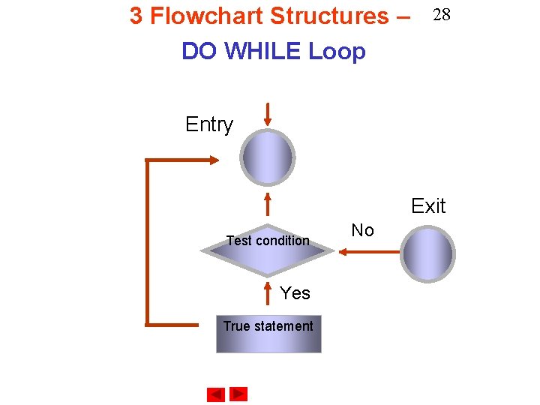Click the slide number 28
(x=441, y=16)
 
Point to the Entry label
(x=209, y=124)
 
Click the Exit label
(x=428, y=206)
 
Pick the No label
(x=362, y=230)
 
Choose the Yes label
(x=295, y=293)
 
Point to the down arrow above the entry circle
(x=268, y=113)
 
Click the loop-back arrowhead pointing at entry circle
(x=214, y=160)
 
